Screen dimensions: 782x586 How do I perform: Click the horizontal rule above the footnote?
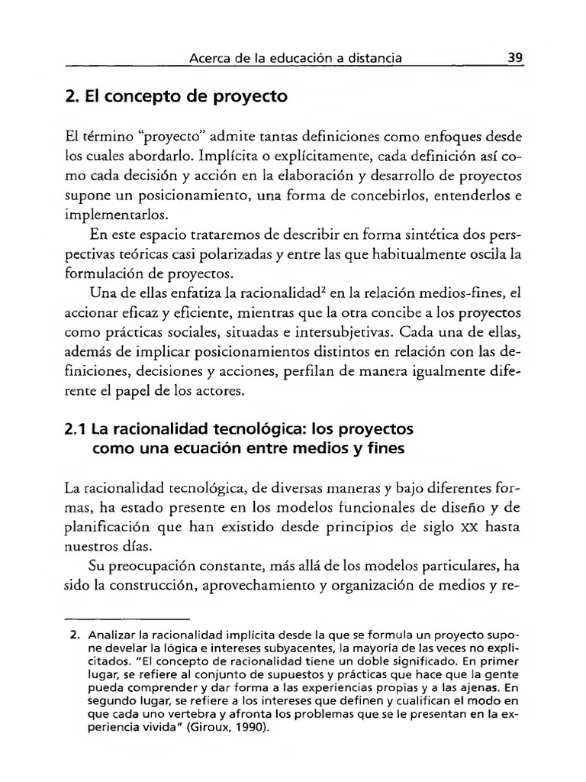127,619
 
